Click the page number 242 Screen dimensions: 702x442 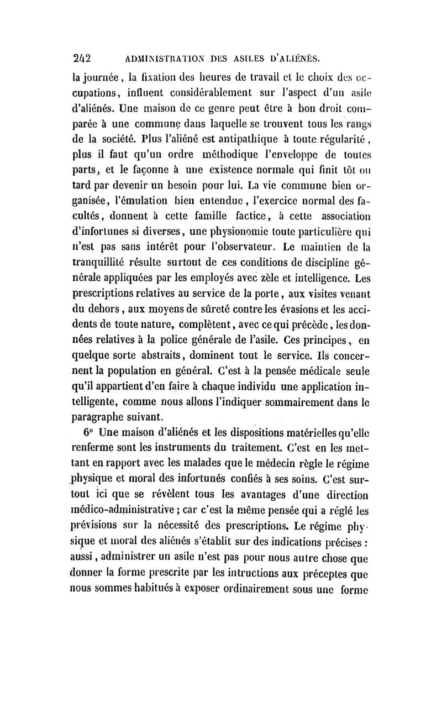(x=82, y=57)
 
